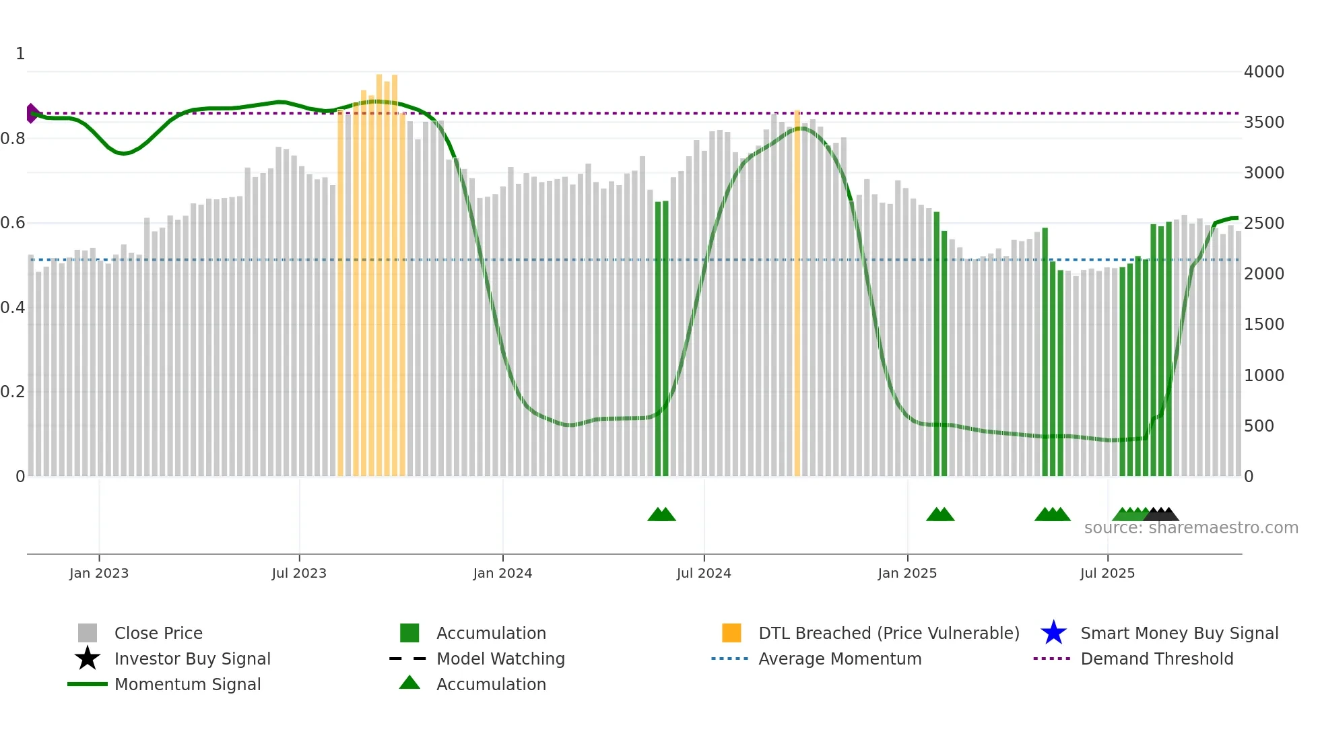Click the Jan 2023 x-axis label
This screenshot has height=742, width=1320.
point(98,573)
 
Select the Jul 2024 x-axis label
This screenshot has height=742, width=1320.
point(704,573)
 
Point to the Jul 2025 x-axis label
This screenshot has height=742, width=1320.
point(1107,573)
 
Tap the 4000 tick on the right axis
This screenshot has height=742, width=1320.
point(1263,71)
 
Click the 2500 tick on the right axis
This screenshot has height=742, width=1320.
point(1263,223)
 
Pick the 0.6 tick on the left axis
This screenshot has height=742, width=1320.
point(13,223)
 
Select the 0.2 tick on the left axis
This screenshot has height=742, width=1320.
point(13,392)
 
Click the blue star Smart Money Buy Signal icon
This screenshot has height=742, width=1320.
point(1053,633)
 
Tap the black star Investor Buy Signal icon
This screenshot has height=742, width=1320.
point(88,659)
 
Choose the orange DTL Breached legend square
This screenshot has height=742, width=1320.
point(731,633)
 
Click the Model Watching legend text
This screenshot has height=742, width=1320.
point(500,659)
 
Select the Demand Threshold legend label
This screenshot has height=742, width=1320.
point(1156,659)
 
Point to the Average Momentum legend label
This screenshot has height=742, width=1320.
point(840,659)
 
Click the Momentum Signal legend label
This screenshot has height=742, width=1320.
point(187,684)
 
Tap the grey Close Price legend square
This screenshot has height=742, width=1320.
point(88,633)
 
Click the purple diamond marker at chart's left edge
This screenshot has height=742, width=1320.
point(32,113)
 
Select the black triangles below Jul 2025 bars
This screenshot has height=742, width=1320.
point(1162,514)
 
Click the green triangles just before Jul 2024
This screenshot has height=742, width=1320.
point(661,514)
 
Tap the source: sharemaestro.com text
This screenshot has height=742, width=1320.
point(1191,528)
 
